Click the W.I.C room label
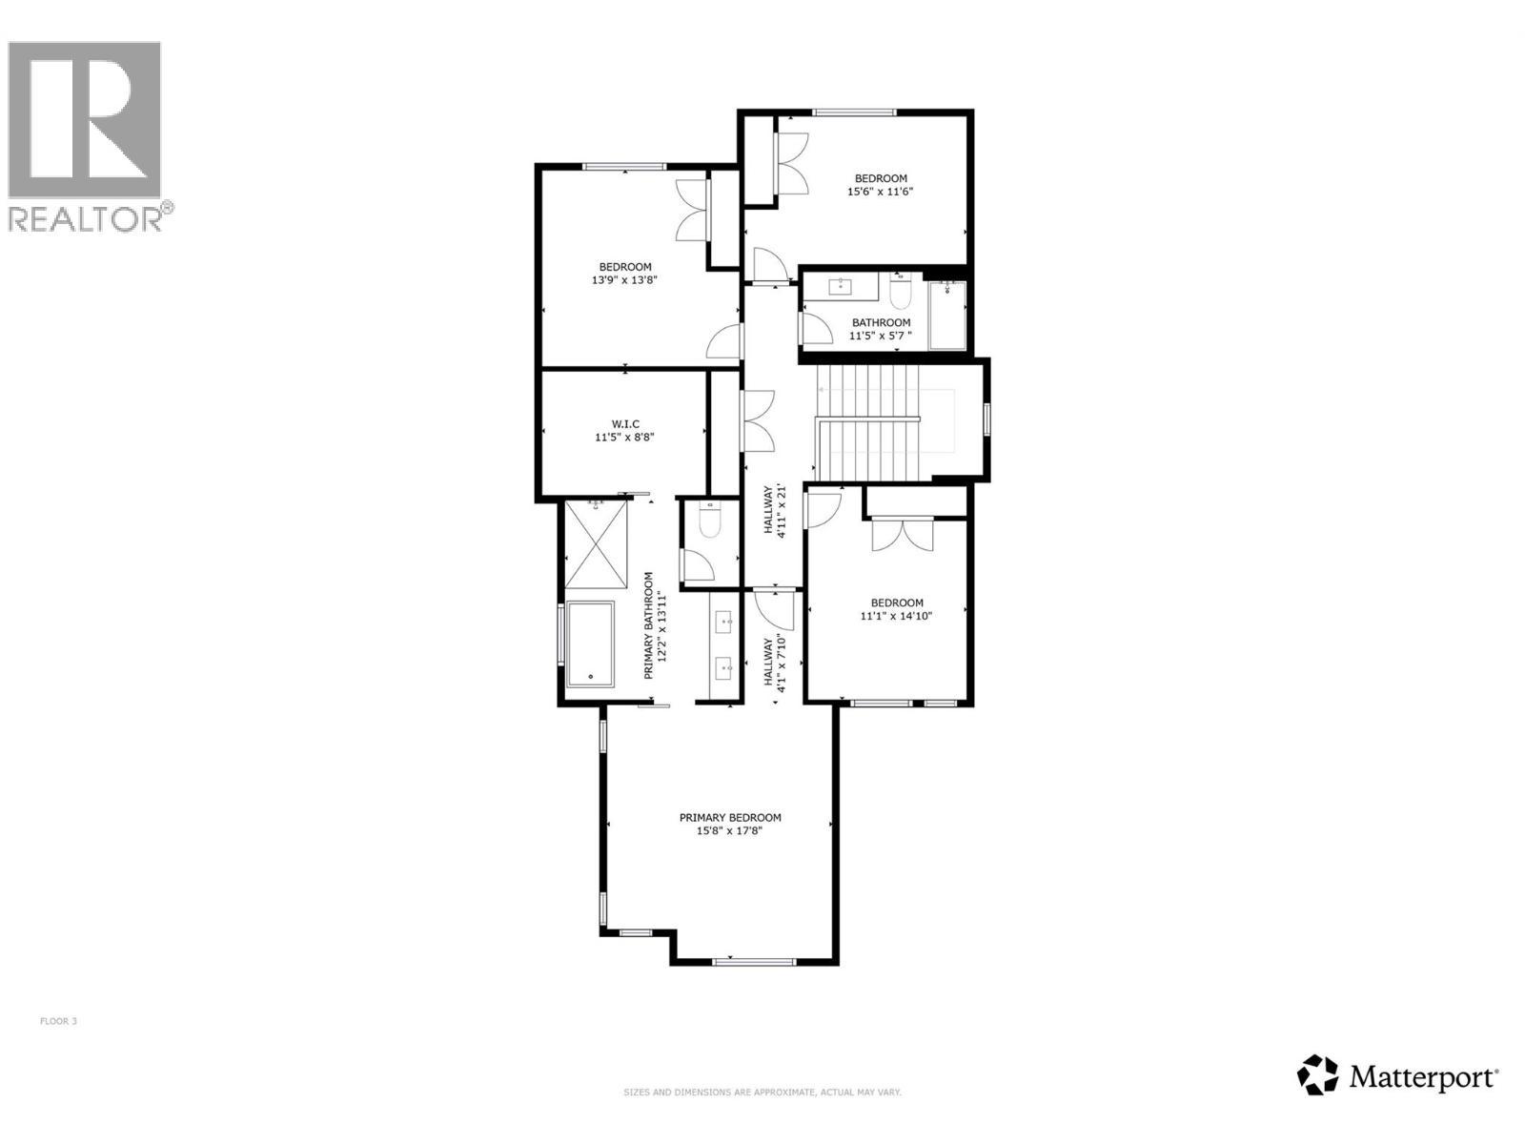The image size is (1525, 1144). [x=624, y=424]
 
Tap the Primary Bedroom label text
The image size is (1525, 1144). [x=730, y=817]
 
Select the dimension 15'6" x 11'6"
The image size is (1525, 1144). [x=881, y=192]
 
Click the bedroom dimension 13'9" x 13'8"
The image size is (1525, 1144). [x=625, y=280]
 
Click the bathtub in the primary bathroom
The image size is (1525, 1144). [x=591, y=643]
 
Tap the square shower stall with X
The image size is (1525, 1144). [x=597, y=545]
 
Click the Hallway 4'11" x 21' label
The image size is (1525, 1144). [x=774, y=512]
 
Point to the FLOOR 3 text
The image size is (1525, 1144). [x=58, y=1021]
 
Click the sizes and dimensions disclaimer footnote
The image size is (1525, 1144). [x=762, y=1093]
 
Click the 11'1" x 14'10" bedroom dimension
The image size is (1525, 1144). [x=896, y=616]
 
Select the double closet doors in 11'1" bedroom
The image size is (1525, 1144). [x=902, y=535]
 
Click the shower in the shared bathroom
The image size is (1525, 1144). [x=947, y=315]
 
